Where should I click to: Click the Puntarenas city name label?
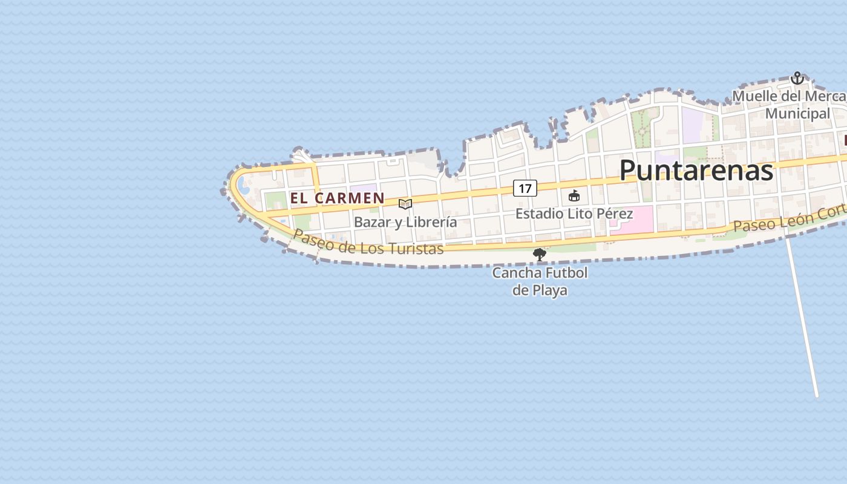[696, 171]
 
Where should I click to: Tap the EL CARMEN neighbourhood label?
[337, 198]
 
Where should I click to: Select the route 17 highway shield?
[525, 188]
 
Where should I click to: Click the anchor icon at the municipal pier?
[797, 78]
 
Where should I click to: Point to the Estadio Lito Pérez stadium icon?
[574, 195]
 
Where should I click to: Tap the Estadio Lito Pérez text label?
[574, 214]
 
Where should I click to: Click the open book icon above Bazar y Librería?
[405, 204]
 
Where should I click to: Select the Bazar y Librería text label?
[405, 222]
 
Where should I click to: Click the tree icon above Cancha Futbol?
[539, 255]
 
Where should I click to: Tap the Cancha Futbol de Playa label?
[540, 281]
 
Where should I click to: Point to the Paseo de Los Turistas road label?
[368, 243]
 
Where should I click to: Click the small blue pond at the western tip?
[243, 184]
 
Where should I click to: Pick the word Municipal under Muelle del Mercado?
[797, 114]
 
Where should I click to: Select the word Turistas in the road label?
[417, 248]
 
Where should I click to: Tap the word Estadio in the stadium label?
[537, 214]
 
